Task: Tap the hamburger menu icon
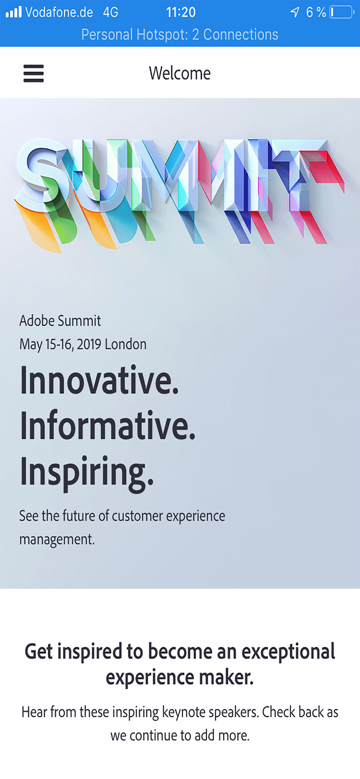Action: tap(34, 73)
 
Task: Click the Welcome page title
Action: tap(180, 73)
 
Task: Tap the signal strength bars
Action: tap(14, 12)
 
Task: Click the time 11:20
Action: tap(181, 12)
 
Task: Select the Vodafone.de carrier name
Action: tap(59, 12)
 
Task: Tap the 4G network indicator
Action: tap(110, 12)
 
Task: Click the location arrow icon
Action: tap(295, 12)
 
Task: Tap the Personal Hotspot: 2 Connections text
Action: tap(180, 34)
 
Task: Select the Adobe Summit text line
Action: tap(60, 321)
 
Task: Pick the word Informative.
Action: tap(108, 425)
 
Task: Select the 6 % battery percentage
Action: tap(316, 12)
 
